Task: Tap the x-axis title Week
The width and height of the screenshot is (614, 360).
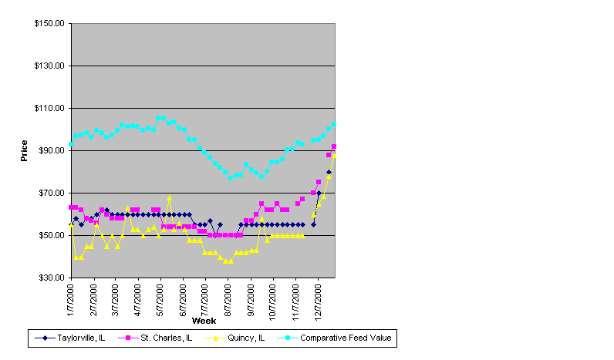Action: (x=204, y=320)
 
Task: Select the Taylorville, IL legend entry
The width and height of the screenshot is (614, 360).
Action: (x=70, y=337)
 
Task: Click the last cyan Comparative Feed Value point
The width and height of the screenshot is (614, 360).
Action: (x=334, y=123)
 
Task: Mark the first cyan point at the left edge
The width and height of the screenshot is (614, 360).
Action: (x=71, y=144)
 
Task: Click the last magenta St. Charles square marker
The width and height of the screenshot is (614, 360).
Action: (x=334, y=146)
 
